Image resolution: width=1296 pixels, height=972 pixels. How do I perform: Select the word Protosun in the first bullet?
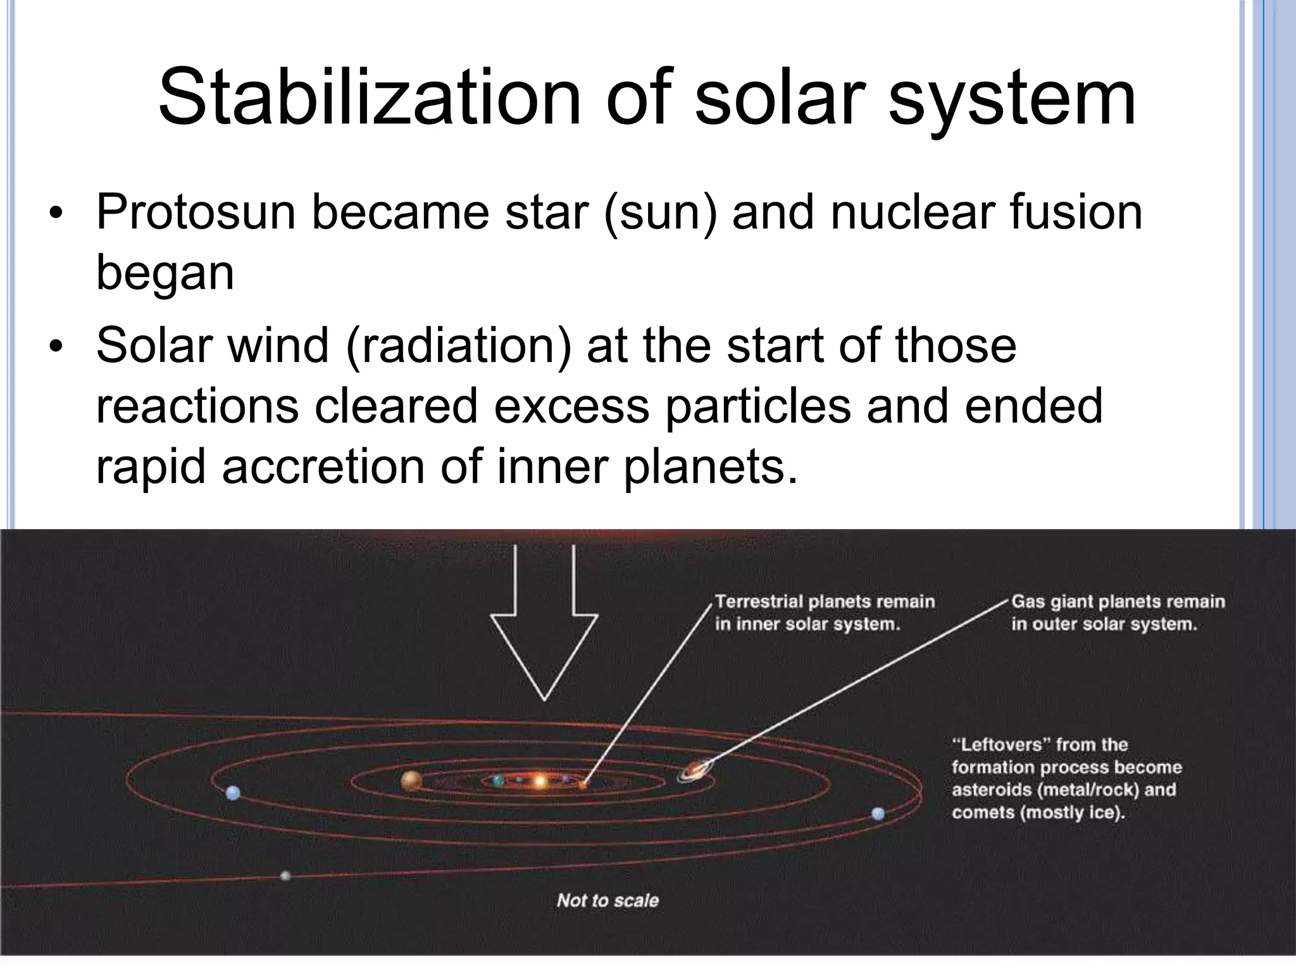click(196, 212)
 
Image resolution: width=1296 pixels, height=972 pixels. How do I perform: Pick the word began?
click(165, 273)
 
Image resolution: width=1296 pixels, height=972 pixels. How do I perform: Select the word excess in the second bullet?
click(571, 406)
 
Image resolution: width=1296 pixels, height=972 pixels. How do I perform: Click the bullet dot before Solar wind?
click(56, 347)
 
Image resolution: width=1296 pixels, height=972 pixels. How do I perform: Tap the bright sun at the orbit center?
click(540, 782)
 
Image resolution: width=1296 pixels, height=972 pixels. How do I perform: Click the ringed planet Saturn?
click(695, 771)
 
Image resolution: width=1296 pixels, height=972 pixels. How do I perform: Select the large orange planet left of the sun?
click(411, 781)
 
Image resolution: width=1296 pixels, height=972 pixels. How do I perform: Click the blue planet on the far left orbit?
click(233, 792)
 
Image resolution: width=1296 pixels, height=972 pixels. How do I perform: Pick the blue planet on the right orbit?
click(878, 814)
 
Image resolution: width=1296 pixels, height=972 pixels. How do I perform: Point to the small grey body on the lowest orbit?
click(285, 876)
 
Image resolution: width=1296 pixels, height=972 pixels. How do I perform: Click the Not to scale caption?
click(607, 900)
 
